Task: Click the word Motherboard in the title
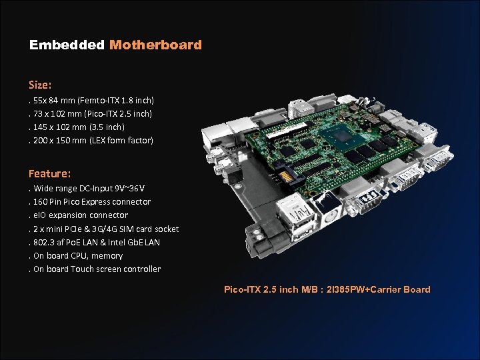pos(155,45)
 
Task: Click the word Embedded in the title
pos(67,45)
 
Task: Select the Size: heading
pos(40,85)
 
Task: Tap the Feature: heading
pos(49,173)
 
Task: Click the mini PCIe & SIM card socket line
pos(104,229)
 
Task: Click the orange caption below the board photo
pos(327,289)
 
